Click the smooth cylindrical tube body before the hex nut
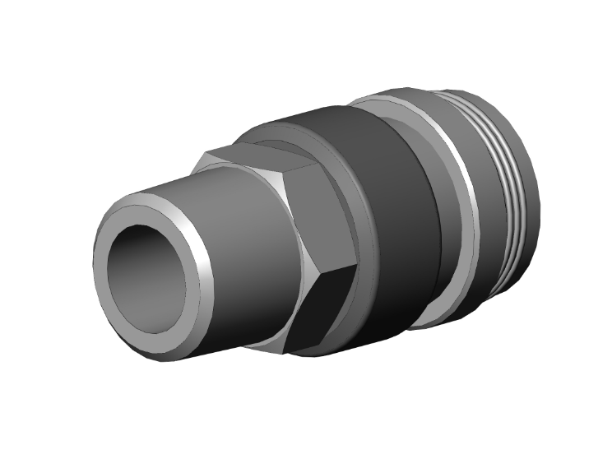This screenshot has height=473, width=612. point(247,271)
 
